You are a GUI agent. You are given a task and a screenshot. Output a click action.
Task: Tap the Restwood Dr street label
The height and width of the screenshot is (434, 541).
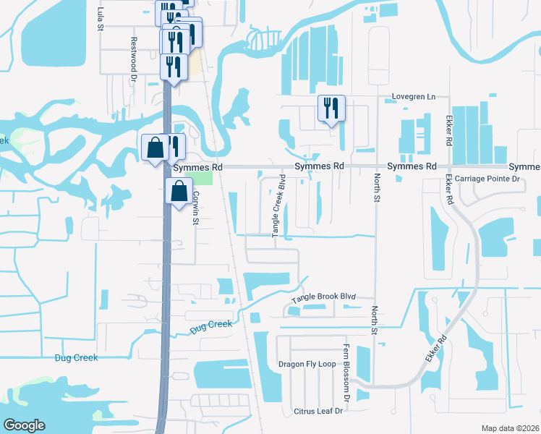coord(133,53)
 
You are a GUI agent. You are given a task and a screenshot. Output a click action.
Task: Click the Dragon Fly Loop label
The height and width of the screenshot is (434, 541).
coord(307,364)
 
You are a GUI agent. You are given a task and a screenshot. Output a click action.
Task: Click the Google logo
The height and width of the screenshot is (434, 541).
coord(24,425)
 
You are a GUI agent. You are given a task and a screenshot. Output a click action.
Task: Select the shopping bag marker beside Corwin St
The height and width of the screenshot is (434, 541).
coord(179,192)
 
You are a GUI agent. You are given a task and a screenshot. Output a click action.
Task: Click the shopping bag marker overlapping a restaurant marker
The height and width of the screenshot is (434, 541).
coord(156,148)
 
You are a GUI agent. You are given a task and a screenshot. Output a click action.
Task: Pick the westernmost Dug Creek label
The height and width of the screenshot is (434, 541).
coord(76,357)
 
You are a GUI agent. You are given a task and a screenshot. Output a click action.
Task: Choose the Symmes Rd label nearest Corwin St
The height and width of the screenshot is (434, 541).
coord(197,166)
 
